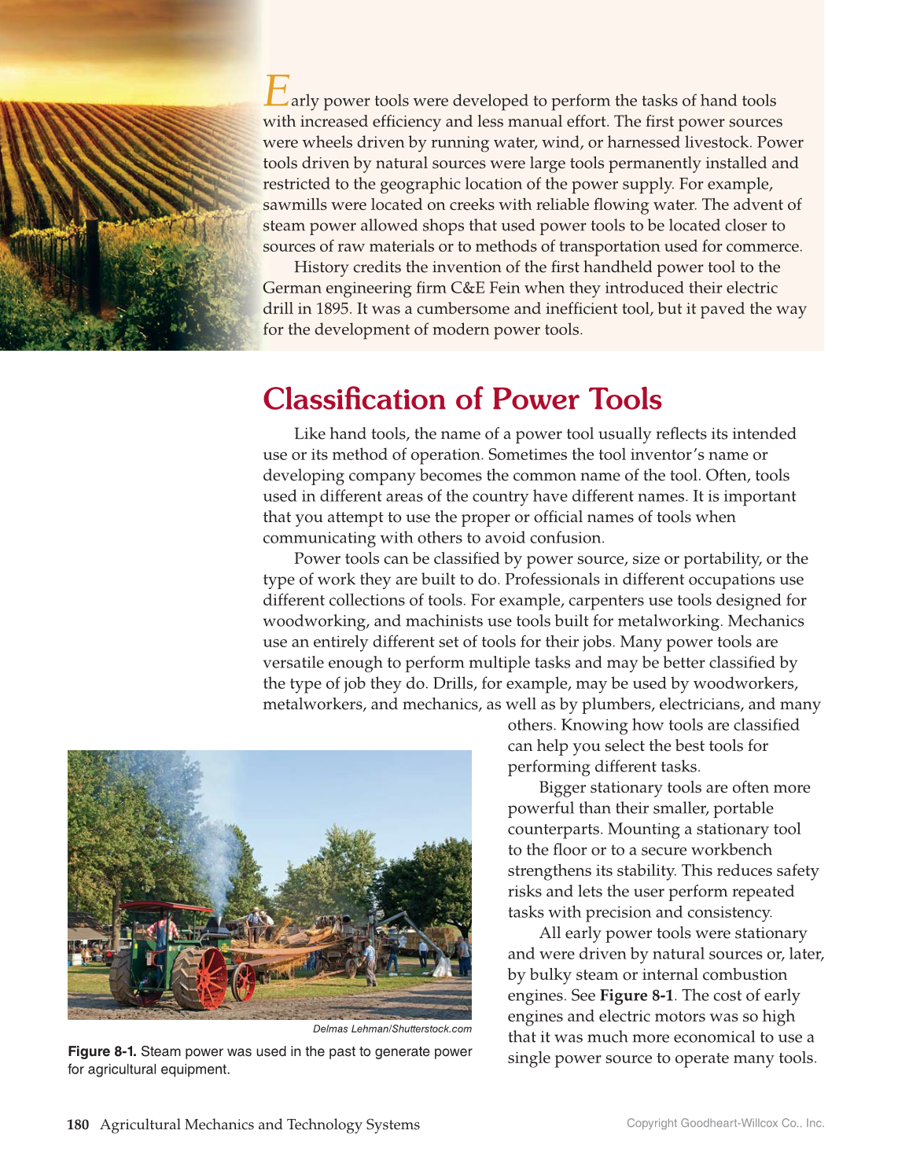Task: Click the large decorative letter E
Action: [x=277, y=91]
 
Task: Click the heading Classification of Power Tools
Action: [x=462, y=399]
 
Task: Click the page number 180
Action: [x=77, y=1124]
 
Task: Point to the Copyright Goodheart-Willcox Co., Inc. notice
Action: [x=725, y=1123]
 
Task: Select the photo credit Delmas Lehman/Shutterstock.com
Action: [x=392, y=1029]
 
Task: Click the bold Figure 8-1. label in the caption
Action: [x=102, y=1051]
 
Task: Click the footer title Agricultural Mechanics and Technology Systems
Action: [x=259, y=1124]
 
